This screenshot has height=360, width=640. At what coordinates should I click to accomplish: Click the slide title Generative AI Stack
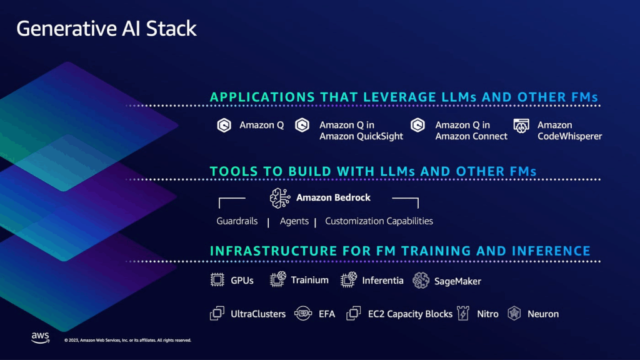click(x=106, y=29)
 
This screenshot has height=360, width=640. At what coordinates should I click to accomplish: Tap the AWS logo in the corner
click(x=41, y=337)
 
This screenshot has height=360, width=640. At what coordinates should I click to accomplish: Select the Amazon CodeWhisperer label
click(x=569, y=131)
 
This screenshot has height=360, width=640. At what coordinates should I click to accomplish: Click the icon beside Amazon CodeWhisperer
click(x=521, y=126)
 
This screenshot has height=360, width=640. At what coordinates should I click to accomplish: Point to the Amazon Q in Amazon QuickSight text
click(x=361, y=131)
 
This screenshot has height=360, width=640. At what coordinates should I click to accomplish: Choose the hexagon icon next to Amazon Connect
click(x=417, y=126)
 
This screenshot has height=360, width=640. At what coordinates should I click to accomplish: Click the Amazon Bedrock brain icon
click(x=280, y=198)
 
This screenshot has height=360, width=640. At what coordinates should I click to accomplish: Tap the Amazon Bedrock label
click(x=333, y=197)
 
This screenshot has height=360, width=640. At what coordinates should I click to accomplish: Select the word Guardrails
click(x=237, y=221)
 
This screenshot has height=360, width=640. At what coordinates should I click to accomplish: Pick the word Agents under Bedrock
click(x=294, y=221)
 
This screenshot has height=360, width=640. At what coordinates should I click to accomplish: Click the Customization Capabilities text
click(x=379, y=221)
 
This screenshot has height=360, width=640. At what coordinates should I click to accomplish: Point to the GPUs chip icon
click(x=217, y=281)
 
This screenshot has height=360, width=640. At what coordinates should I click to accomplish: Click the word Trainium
click(x=309, y=280)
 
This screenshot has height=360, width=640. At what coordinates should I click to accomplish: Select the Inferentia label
click(x=382, y=281)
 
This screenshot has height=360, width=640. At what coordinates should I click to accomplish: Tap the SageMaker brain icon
click(x=421, y=281)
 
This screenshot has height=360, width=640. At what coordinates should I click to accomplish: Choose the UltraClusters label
click(x=257, y=314)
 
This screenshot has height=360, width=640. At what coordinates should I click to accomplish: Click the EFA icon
click(x=302, y=314)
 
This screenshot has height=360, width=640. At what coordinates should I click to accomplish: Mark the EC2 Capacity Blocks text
click(x=409, y=314)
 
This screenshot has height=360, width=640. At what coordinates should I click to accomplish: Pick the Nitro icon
click(x=463, y=314)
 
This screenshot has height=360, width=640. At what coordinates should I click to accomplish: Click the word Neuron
click(x=542, y=314)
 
